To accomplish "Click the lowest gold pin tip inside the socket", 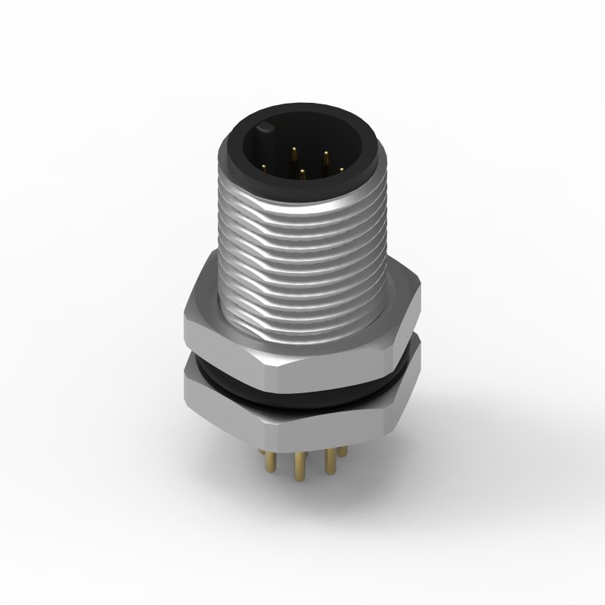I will tap(301, 175).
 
